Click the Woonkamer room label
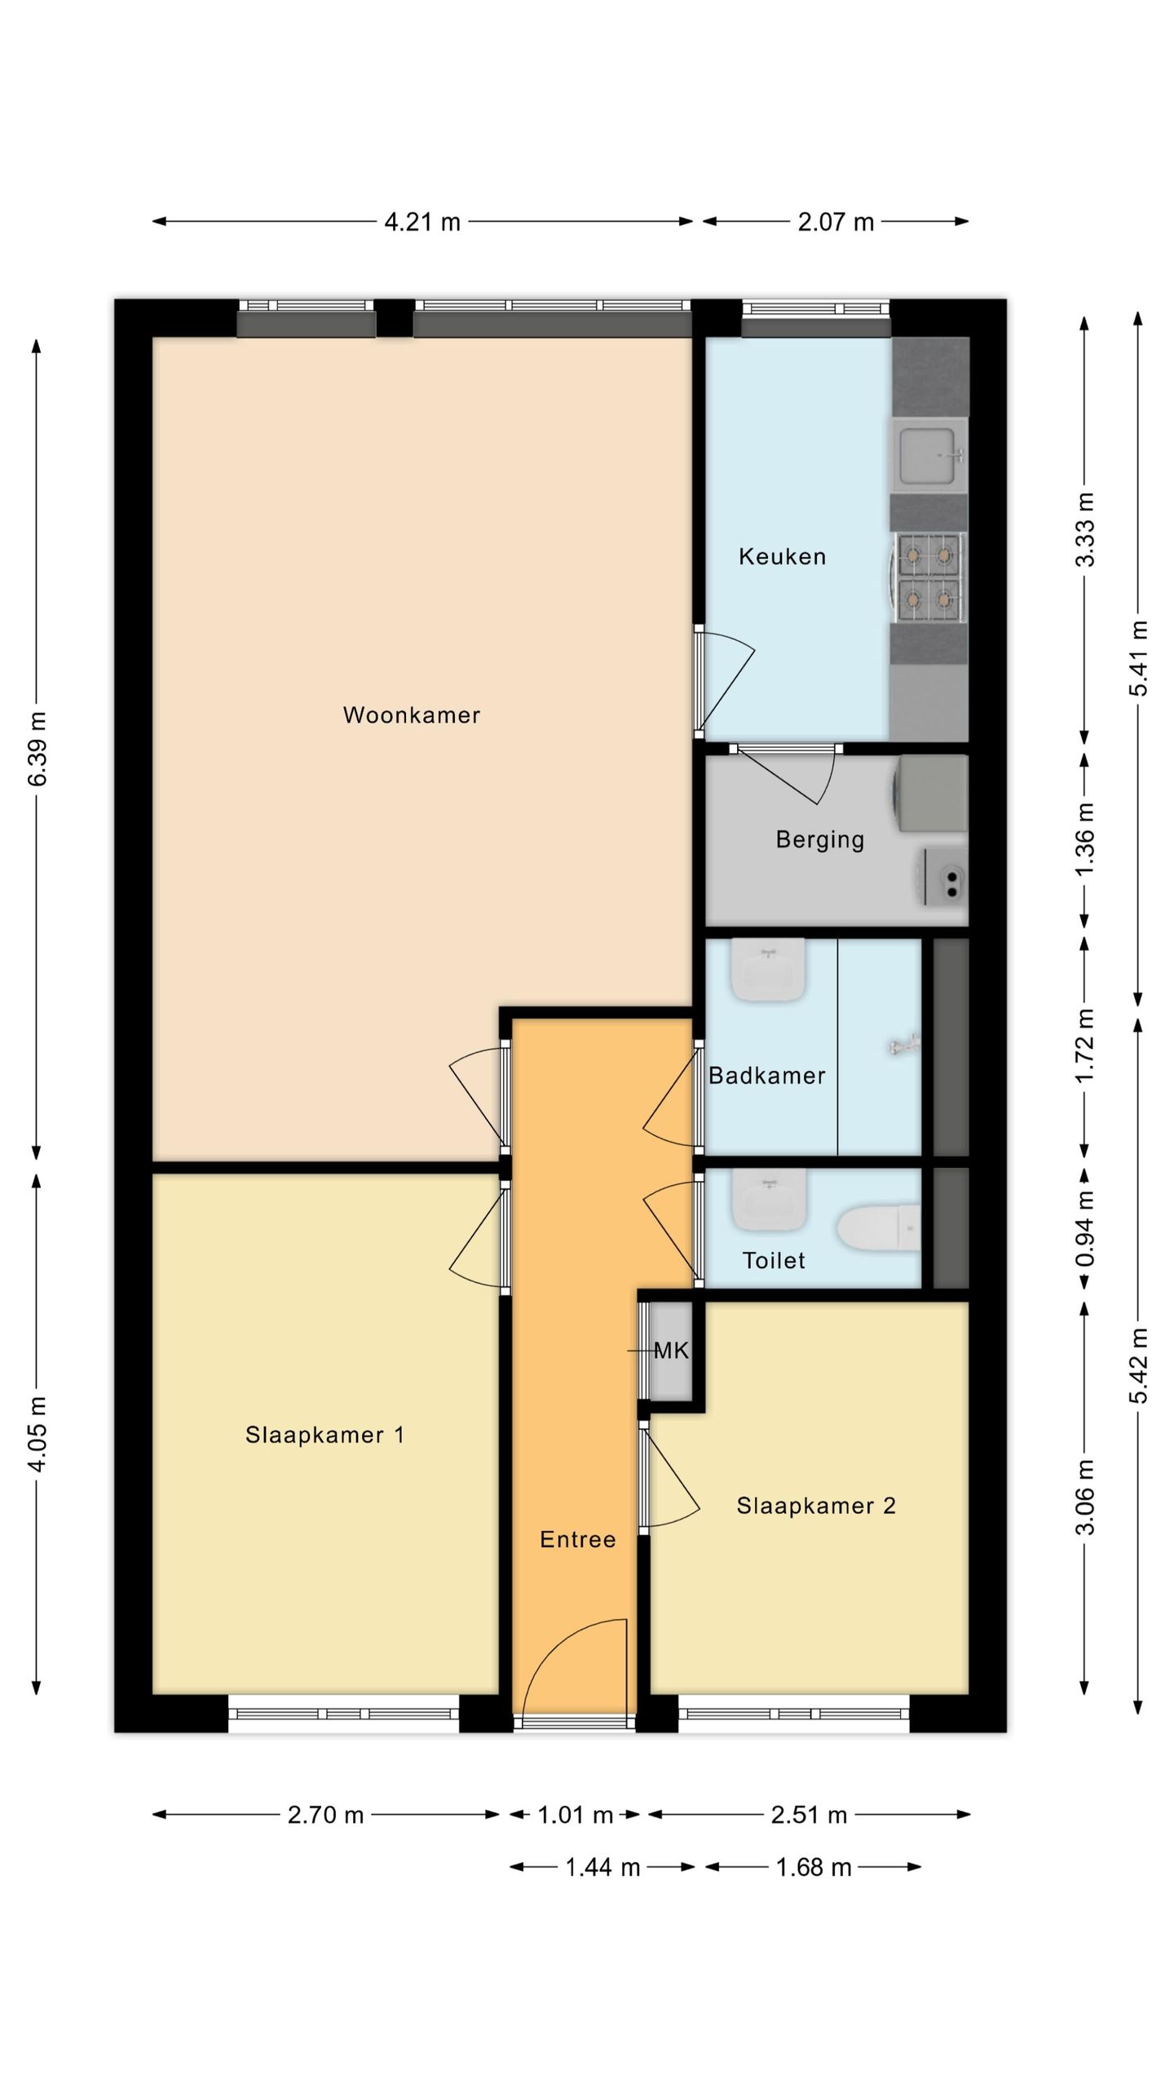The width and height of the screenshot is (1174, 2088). pos(412,715)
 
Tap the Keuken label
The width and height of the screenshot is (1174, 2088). pos(783,556)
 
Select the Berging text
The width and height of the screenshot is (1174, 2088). pos(820,839)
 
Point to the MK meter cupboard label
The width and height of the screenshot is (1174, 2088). pos(672,1351)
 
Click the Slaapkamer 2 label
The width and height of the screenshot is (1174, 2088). pos(816,1506)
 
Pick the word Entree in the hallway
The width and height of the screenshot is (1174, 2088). pos(578,1539)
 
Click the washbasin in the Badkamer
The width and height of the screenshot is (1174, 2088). pos(768,971)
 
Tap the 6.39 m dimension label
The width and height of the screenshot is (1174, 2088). pos(38,749)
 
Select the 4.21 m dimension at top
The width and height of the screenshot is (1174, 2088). pos(422,222)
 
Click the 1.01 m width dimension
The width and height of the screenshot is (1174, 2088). pos(575,1815)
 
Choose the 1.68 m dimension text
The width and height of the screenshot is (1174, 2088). pos(814,1867)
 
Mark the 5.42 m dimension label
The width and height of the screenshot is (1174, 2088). pos(1139,1365)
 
